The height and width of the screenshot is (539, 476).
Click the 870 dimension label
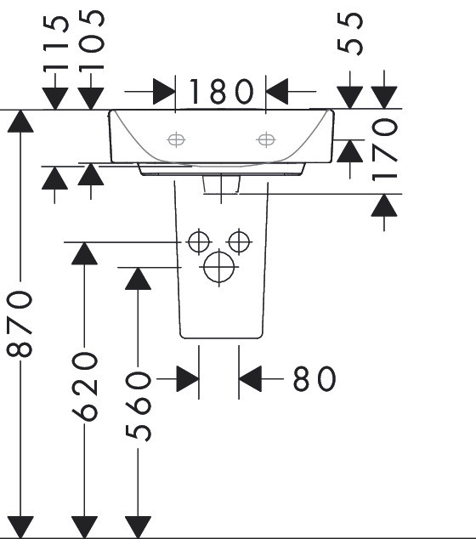coord(20,324)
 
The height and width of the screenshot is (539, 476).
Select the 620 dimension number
coord(84,387)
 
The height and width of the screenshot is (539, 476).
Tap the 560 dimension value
coord(138,406)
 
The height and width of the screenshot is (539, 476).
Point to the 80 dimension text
coord(314,379)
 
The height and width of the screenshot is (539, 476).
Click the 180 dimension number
coord(222,92)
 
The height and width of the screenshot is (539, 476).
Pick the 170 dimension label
coord(384,150)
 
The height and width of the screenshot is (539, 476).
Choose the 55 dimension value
coord(350,33)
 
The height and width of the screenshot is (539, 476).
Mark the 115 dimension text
coord(56,44)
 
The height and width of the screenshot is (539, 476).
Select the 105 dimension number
coord(91,41)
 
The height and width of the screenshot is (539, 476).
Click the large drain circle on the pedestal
coord(219,267)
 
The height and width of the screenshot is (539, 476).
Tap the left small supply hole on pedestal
coord(199,241)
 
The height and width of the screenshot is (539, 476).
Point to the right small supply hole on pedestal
coord(239,241)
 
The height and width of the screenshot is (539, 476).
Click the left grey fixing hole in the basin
coord(176,139)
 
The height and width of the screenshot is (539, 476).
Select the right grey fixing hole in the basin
coord(266,139)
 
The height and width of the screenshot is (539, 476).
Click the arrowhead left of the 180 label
coord(164,92)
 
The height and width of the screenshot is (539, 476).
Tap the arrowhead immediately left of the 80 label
coord(250,379)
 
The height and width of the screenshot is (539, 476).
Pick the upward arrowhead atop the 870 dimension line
coord(20,121)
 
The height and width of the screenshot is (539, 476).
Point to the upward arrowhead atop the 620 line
coord(84,253)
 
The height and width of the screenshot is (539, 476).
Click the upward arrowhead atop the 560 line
coord(138,279)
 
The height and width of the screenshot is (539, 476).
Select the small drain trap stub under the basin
coord(222,185)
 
